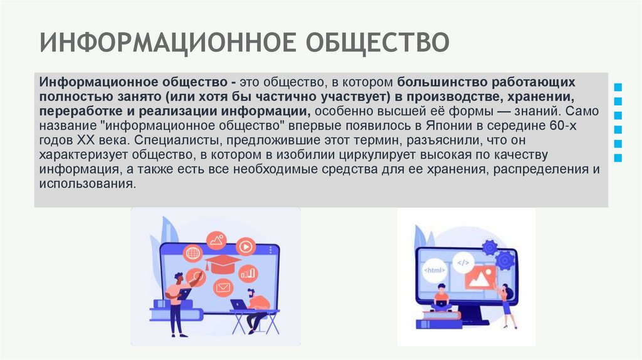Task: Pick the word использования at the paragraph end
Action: [87, 184]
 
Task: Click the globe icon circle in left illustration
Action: [193, 253]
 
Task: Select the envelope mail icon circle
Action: [221, 287]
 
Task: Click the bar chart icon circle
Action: [249, 273]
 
